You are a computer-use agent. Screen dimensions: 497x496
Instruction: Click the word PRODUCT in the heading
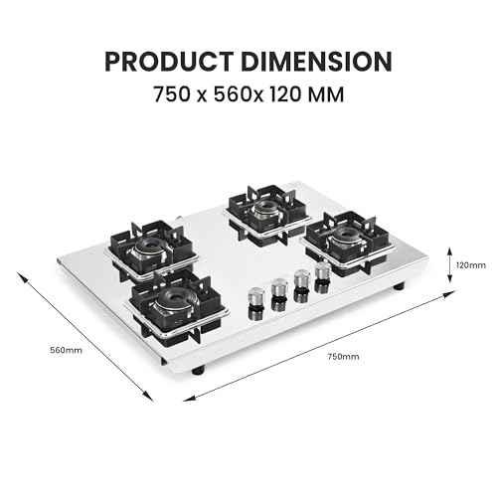point(169,62)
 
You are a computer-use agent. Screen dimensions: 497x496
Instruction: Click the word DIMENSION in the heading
point(317,62)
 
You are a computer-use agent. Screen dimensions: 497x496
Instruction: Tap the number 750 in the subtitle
point(172,94)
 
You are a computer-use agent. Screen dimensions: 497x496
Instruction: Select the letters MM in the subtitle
point(326,94)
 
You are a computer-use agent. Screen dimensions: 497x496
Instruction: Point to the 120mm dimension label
point(471,265)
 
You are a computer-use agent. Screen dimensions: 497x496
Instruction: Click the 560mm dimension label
point(67,350)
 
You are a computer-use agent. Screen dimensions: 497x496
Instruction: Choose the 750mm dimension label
point(343,357)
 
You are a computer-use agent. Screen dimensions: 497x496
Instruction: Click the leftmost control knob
point(255,299)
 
